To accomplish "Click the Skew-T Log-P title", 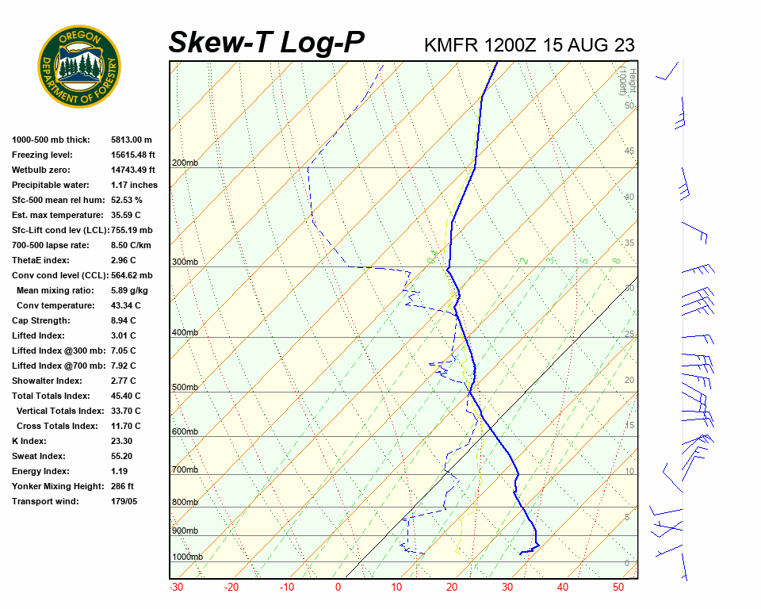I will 266,42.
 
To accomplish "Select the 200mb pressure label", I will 185,163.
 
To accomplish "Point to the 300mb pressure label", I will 185,262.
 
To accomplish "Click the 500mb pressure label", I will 185,388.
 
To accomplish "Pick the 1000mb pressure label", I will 187,557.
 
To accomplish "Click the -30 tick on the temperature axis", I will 176,588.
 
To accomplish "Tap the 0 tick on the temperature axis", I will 338,588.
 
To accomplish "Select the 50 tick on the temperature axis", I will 619,588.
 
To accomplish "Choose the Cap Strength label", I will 40,320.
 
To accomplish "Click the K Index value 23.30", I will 122,441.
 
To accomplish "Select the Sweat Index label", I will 39,456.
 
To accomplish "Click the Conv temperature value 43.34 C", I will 126,305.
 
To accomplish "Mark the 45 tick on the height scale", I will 629,151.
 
